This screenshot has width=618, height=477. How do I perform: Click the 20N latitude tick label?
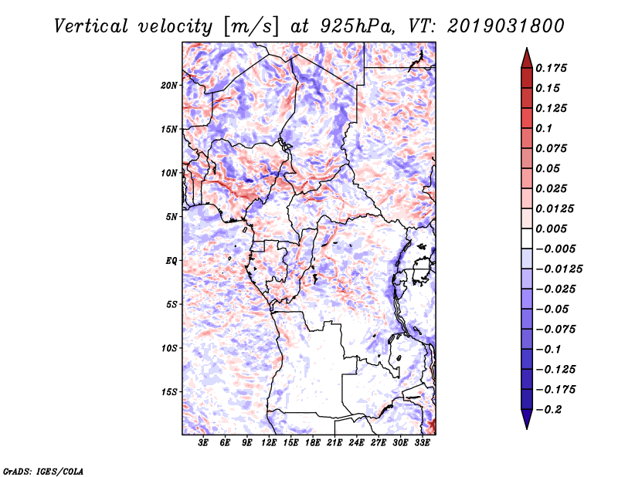(170, 85)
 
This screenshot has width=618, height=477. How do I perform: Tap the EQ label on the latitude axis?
(171, 261)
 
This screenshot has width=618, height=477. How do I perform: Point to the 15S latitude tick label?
(170, 392)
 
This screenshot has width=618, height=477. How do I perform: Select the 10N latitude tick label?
(170, 173)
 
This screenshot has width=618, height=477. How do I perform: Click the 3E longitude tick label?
(204, 443)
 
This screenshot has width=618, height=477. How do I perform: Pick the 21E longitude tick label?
(334, 443)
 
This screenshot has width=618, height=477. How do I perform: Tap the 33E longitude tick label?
(422, 443)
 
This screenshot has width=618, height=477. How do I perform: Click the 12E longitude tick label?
(269, 443)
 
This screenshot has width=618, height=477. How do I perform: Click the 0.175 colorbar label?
(554, 69)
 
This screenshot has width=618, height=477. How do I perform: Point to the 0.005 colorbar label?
(554, 229)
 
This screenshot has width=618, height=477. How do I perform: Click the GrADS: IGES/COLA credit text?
(42, 470)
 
